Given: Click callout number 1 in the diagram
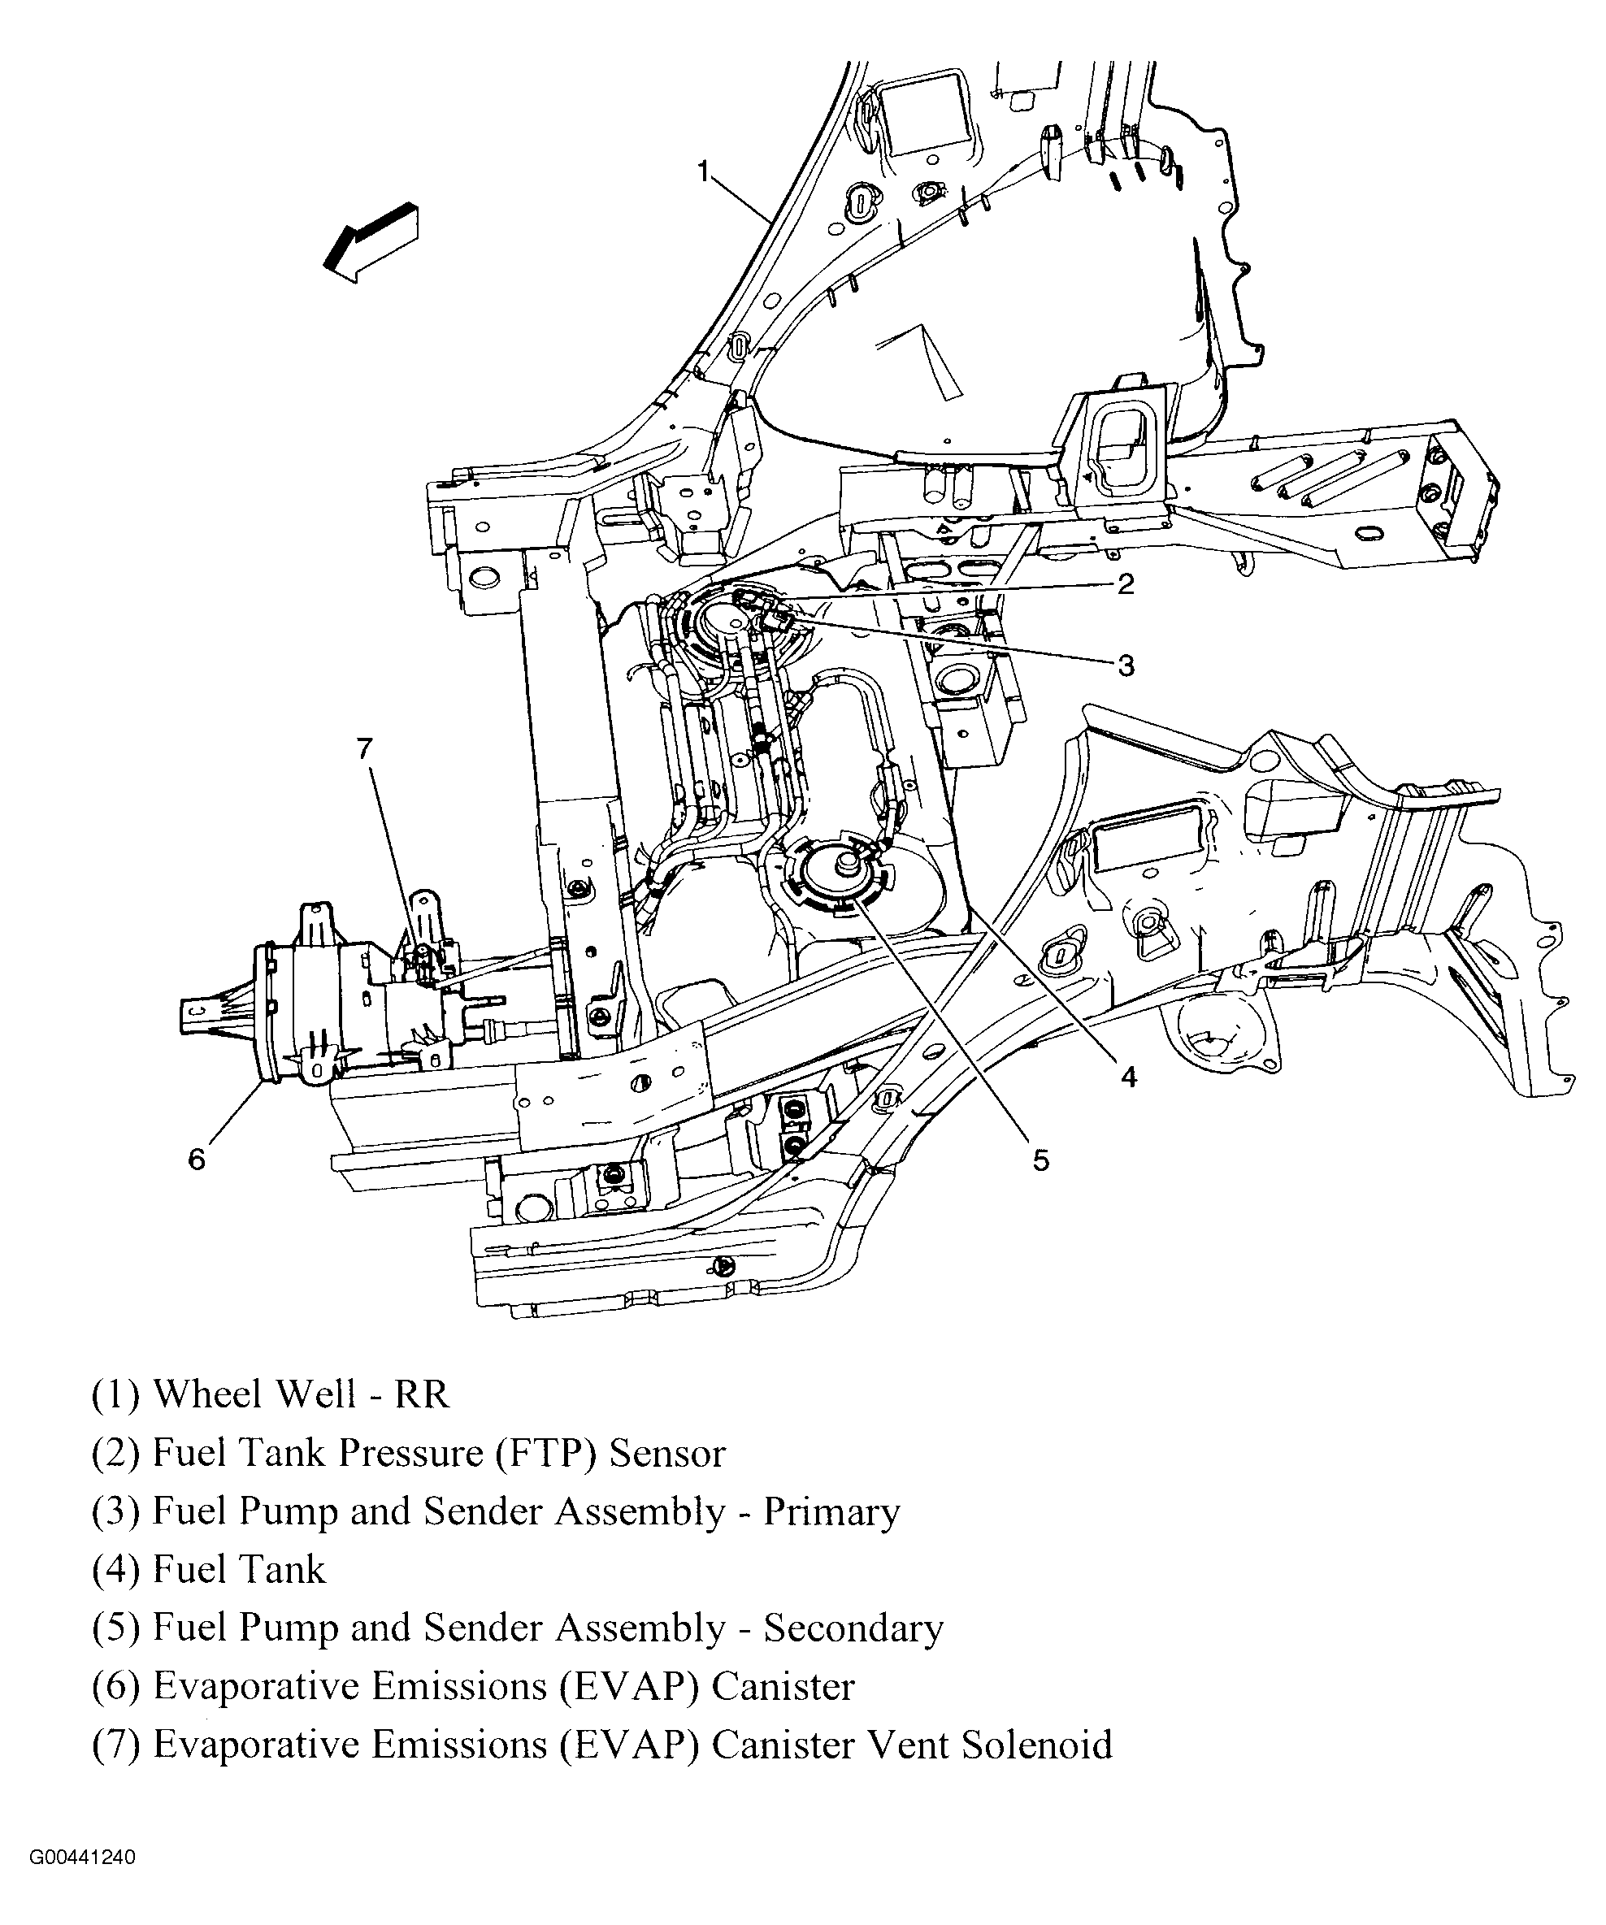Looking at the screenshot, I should tap(703, 171).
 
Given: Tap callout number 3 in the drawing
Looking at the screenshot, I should tap(1126, 666).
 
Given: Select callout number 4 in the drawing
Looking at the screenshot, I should tap(1128, 1077).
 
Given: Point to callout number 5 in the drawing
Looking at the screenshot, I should tap(1040, 1160).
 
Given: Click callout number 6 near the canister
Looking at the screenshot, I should tap(196, 1160).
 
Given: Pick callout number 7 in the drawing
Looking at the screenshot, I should tap(365, 749).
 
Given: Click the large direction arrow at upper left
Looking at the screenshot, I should tap(371, 241).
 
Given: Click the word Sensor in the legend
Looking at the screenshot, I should tap(667, 1454).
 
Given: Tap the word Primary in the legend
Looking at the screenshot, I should tap(831, 1511).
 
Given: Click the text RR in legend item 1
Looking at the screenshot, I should tap(422, 1394).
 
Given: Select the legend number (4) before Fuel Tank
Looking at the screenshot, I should tap(115, 1570).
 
